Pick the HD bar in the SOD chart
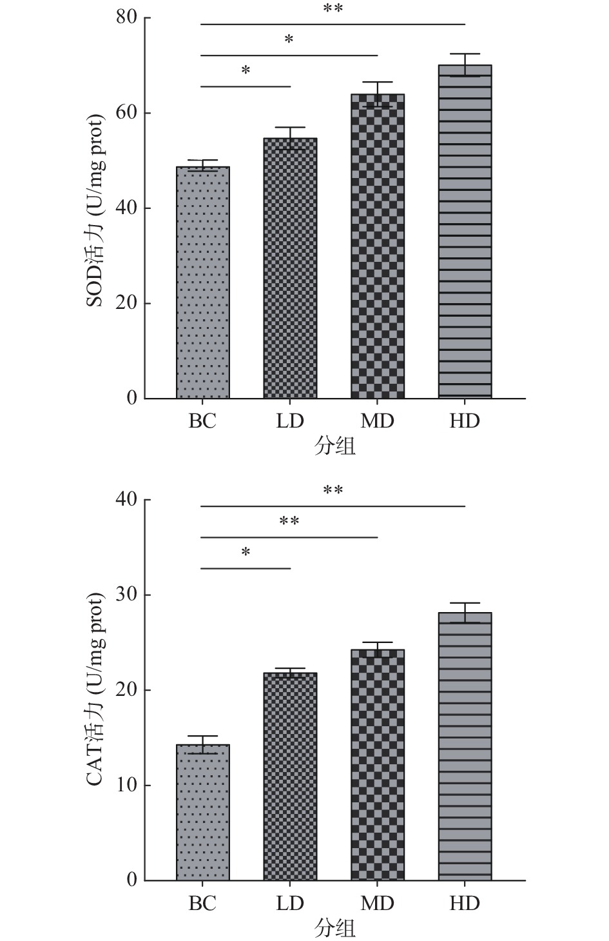tap(465, 232)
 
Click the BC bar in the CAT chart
tap(202, 813)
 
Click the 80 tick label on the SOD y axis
tap(127, 17)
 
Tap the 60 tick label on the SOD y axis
tap(127, 113)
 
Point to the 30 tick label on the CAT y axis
tap(127, 595)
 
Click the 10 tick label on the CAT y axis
tap(127, 785)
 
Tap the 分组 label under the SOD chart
tap(334, 446)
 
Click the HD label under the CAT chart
tap(465, 903)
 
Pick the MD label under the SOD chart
tap(378, 421)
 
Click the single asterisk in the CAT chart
tap(246, 553)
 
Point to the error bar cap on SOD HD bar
tap(465, 54)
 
